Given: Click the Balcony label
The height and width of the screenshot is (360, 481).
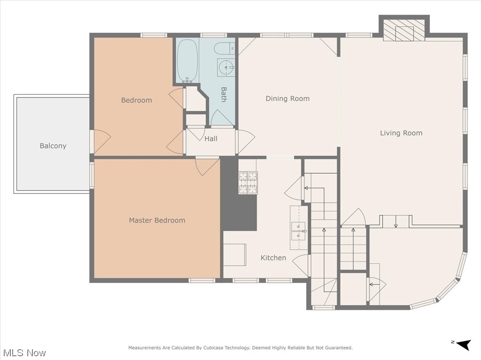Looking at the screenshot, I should pyautogui.click(x=53, y=146).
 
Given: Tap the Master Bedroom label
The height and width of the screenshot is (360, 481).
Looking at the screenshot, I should pyautogui.click(x=157, y=220).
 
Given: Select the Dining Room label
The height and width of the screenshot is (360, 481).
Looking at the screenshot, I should pyautogui.click(x=287, y=99).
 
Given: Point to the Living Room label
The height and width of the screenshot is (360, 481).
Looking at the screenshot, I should pyautogui.click(x=401, y=133).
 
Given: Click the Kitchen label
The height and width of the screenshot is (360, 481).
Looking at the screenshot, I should pyautogui.click(x=273, y=258).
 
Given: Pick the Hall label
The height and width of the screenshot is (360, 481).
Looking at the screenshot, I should pyautogui.click(x=211, y=139).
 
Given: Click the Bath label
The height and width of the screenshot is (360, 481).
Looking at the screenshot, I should pyautogui.click(x=224, y=94).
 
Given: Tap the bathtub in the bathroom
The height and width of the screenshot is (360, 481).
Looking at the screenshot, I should pyautogui.click(x=187, y=61).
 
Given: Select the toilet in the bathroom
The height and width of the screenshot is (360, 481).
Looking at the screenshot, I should pyautogui.click(x=224, y=48).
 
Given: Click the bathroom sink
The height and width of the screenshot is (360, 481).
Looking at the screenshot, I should pyautogui.click(x=226, y=68).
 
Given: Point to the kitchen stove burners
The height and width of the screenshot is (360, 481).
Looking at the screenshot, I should pyautogui.click(x=248, y=183).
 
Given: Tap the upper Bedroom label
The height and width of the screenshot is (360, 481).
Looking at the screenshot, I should pyautogui.click(x=136, y=100).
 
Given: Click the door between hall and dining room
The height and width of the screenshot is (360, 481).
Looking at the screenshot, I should pyautogui.click(x=245, y=141).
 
